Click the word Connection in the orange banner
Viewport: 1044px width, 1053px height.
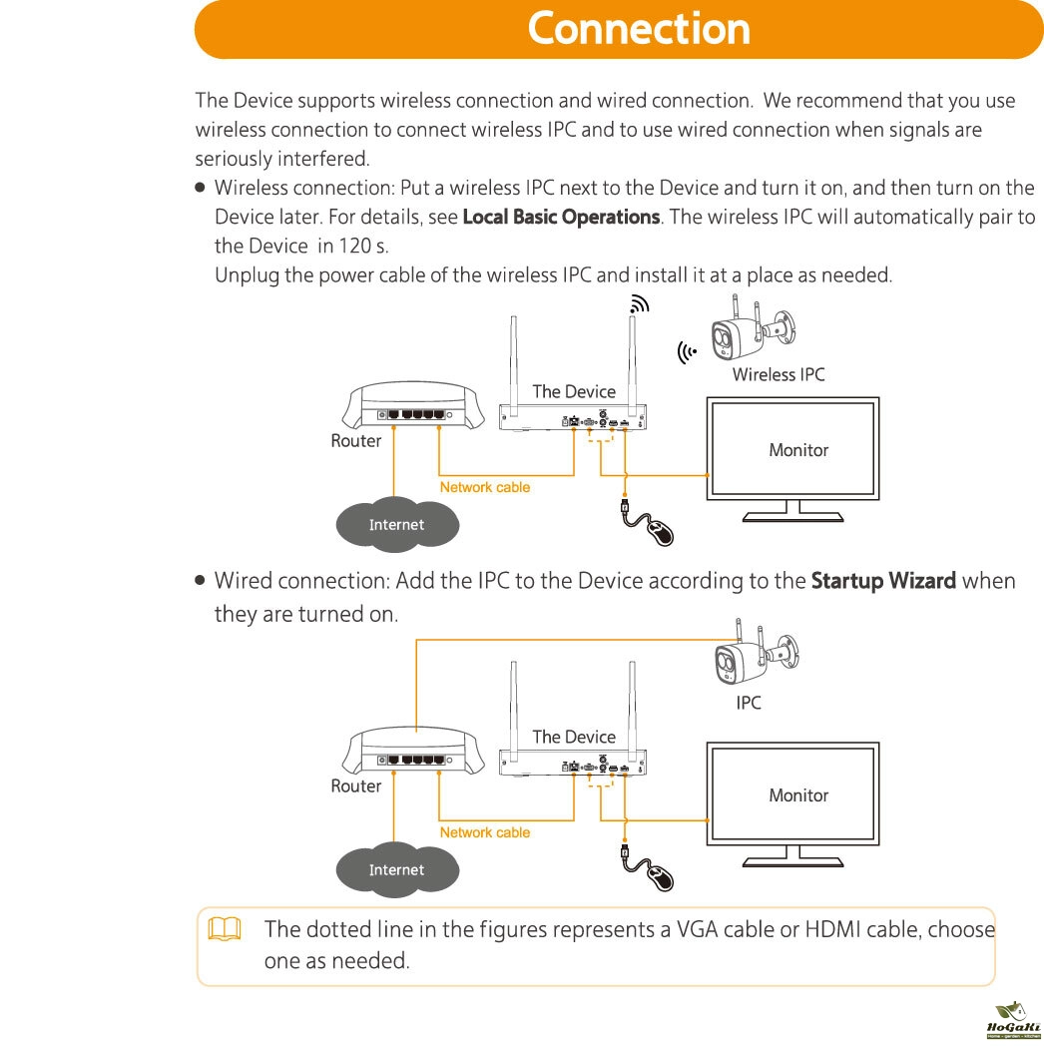pos(639,29)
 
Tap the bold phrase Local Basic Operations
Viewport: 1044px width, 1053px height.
pos(561,217)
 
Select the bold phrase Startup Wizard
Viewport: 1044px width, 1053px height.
pos(883,581)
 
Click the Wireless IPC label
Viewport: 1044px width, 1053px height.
pos(779,374)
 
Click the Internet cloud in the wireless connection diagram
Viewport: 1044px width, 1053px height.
pos(397,524)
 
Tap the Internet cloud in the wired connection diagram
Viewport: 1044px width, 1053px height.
pos(397,869)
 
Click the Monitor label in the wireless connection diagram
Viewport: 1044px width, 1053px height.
pos(798,450)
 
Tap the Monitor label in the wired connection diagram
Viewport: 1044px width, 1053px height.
pos(798,795)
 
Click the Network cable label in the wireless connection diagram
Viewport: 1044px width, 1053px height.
pos(485,487)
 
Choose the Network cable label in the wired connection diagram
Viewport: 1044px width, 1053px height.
pos(485,832)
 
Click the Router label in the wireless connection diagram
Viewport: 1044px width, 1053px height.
pos(356,441)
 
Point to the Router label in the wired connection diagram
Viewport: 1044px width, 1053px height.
pos(356,787)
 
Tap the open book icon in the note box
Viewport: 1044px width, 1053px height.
pos(225,929)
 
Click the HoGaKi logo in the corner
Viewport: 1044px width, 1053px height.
pos(1013,1021)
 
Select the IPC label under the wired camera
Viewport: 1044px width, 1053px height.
pos(748,703)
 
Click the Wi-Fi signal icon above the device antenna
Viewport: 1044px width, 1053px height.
pos(639,304)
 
